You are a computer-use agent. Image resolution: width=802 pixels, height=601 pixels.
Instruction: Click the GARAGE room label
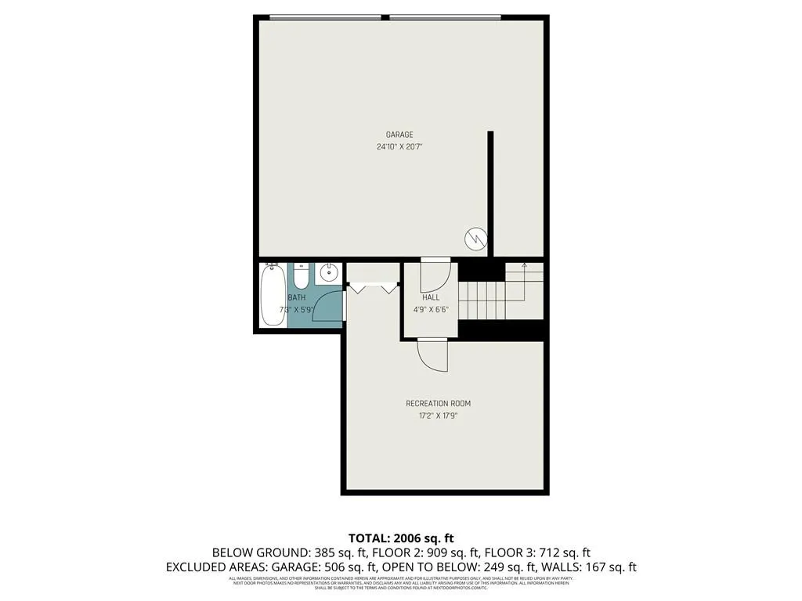pyautogui.click(x=399, y=135)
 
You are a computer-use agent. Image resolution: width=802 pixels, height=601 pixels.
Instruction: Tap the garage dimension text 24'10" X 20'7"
pyautogui.click(x=399, y=146)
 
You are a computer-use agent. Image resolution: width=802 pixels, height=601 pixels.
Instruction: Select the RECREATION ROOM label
pyautogui.click(x=438, y=404)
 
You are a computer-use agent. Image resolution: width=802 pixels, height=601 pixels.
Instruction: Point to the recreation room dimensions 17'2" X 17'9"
pyautogui.click(x=438, y=416)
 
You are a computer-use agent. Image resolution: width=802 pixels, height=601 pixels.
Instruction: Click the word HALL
pyautogui.click(x=430, y=297)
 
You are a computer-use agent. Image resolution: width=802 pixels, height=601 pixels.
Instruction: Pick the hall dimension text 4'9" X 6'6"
pyautogui.click(x=430, y=309)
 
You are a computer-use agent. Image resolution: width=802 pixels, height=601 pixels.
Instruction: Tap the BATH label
pyautogui.click(x=297, y=297)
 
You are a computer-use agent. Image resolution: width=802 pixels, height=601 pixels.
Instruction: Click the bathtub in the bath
pyautogui.click(x=273, y=296)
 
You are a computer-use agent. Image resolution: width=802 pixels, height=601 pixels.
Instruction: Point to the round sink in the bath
pyautogui.click(x=328, y=274)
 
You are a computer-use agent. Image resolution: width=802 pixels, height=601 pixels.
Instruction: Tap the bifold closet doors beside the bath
pyautogui.click(x=374, y=287)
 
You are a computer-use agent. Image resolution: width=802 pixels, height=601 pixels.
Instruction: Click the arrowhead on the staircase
pyautogui.click(x=524, y=268)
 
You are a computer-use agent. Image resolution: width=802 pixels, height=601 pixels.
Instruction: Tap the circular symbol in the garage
pyautogui.click(x=475, y=238)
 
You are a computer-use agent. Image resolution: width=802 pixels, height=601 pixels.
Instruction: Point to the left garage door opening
pyautogui.click(x=325, y=16)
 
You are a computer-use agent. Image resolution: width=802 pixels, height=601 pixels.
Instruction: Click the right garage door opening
pyautogui.click(x=445, y=16)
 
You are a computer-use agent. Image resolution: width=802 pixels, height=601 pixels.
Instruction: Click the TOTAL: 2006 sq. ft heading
pyautogui.click(x=400, y=538)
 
